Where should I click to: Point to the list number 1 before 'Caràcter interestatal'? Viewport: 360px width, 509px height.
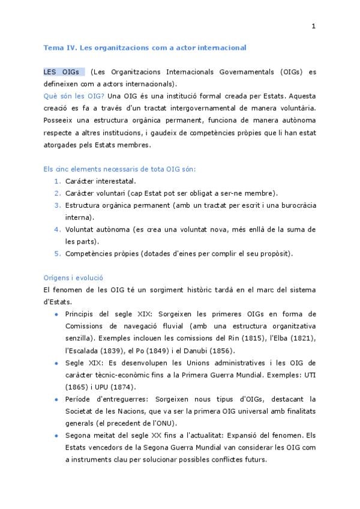57,181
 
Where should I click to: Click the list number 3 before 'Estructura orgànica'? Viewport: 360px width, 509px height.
57,205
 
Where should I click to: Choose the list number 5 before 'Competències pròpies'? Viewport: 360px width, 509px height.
57,253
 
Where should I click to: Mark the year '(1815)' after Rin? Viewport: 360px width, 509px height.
238,338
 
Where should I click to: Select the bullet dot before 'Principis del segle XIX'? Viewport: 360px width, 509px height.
56,314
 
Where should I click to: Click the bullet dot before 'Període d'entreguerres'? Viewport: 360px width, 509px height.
56,399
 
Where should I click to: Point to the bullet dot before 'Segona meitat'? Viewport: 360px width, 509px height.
56,435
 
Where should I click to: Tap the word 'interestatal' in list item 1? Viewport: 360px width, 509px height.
116,181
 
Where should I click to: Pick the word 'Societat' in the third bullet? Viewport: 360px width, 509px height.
80,411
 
